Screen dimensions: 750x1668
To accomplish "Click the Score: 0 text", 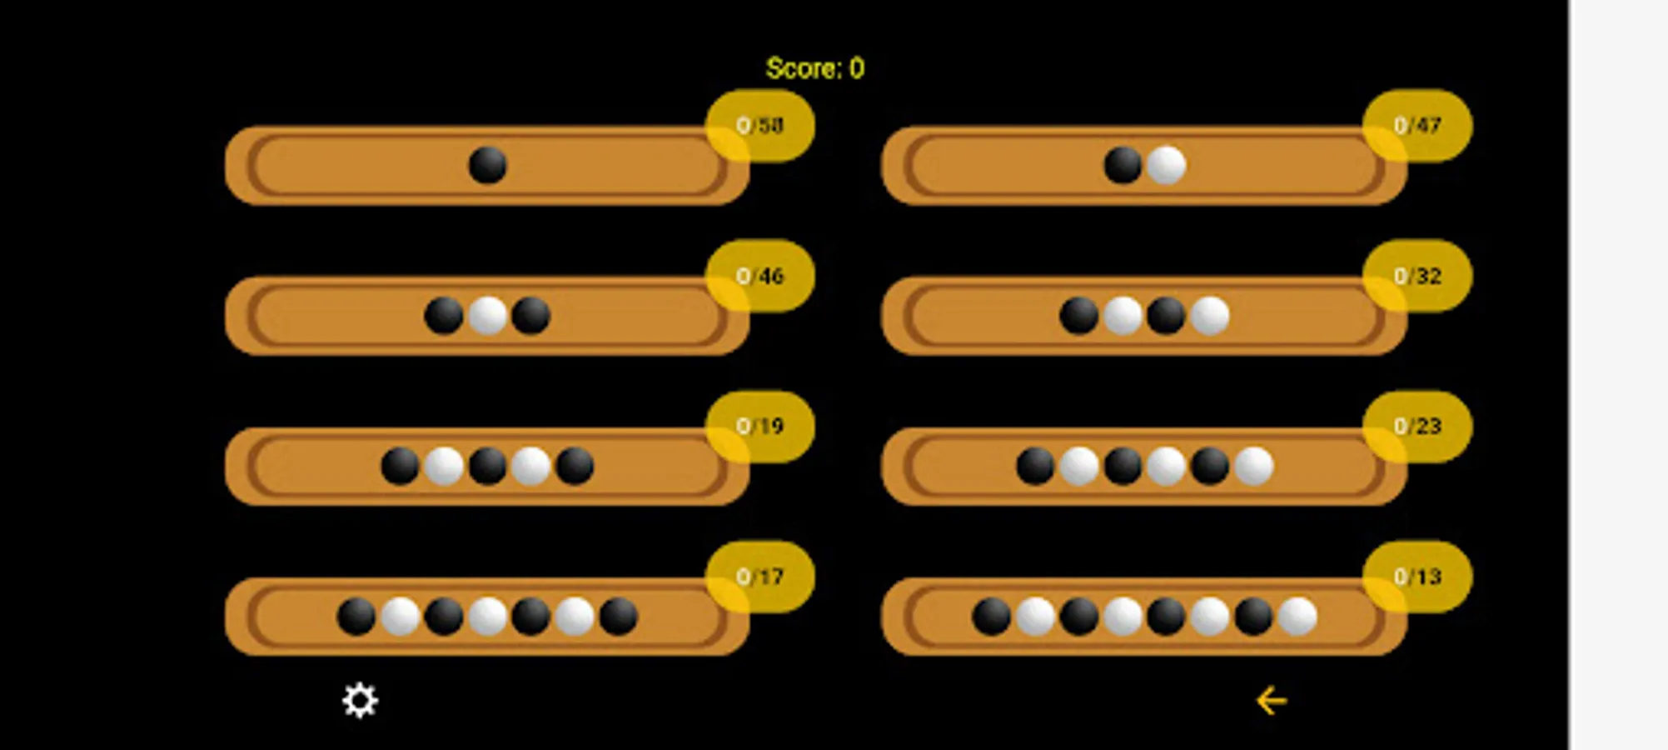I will [814, 68].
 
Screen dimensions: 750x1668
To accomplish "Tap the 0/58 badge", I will [759, 126].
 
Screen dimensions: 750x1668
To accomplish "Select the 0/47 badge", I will [1417, 126].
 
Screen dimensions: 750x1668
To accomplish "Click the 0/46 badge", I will [759, 276].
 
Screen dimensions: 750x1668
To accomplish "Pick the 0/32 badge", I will [1417, 276].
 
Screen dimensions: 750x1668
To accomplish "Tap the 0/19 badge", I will [759, 427].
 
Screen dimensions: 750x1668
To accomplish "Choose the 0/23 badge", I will [1417, 427].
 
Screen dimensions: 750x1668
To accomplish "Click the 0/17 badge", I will [759, 577].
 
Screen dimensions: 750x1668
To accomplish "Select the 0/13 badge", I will [1417, 577].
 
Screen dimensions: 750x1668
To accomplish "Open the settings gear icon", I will [360, 701].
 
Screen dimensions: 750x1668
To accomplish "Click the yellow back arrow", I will [1271, 701].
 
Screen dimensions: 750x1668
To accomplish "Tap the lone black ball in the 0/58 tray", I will [487, 165].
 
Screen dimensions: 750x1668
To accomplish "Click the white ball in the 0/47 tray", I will [1166, 165].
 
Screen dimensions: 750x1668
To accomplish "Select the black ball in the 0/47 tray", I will [1123, 165].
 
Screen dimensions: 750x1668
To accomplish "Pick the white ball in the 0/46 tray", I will [487, 316].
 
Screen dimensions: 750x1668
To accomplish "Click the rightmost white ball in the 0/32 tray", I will [1209, 316].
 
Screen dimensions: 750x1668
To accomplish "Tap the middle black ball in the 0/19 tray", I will [487, 466].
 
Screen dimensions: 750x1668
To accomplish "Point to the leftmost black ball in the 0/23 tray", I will [1035, 466].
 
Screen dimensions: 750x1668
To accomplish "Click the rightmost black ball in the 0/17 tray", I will [618, 617].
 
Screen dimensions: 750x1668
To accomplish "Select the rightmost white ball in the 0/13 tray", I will [1297, 617].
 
